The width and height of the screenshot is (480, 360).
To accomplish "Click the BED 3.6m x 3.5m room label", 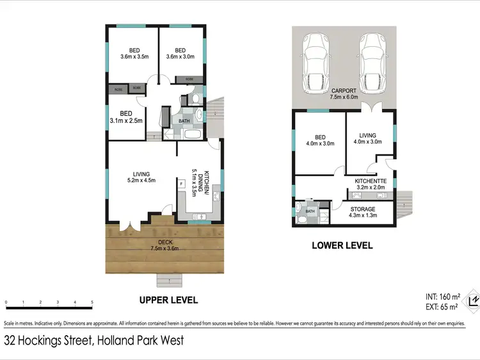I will point(134,53).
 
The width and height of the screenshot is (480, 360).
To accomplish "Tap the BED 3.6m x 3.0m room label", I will point(180,53).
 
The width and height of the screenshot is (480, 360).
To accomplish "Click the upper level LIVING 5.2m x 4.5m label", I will point(141,177).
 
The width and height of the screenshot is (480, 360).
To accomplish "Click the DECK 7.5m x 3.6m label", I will point(164,245).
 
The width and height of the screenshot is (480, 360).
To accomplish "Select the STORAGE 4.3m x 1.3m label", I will point(362,212).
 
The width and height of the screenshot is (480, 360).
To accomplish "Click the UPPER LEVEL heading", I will point(169,300).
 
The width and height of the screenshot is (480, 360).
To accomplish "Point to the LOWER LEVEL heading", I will point(342,245).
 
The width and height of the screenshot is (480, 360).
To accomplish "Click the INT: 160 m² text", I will point(443,297).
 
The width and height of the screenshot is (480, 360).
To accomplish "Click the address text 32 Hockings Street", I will point(48,341).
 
